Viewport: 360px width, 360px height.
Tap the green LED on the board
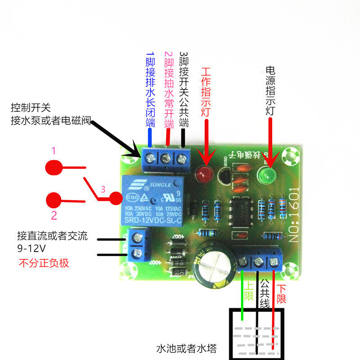point(267,175)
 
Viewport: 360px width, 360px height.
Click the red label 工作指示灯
point(206,92)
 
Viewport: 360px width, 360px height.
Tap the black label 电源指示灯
point(270,90)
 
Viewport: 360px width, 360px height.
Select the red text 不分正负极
point(44,263)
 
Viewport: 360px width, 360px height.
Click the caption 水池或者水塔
point(186,349)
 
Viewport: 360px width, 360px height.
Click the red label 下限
point(281,293)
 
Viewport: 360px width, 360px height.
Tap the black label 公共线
point(265,295)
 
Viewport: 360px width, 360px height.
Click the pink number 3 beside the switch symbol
point(103,190)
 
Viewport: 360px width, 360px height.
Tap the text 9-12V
point(31,249)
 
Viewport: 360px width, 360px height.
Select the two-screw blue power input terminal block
point(138,245)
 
